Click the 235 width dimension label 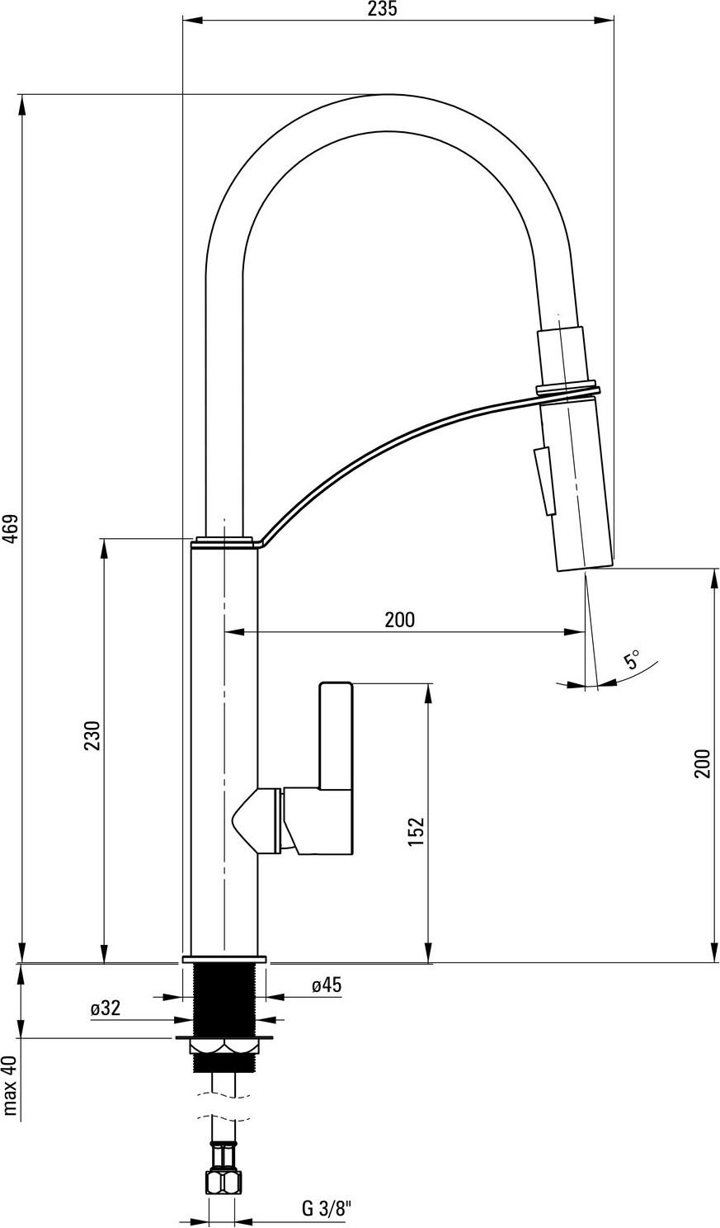(381, 9)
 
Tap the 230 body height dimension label (93, 735)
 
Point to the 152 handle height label (416, 831)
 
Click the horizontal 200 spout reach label (399, 620)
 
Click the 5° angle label (632, 659)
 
